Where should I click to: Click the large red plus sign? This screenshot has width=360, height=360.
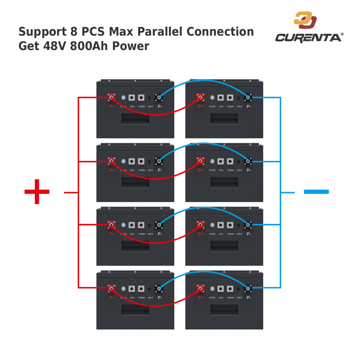click(x=37, y=192)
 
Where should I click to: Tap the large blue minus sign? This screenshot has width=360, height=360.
click(x=316, y=192)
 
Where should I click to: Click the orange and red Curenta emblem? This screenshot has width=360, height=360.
click(x=305, y=20)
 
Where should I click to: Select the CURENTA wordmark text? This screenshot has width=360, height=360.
click(x=308, y=37)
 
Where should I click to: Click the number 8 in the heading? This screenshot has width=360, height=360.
click(x=73, y=32)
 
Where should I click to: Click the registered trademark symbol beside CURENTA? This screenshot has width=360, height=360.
click(x=342, y=34)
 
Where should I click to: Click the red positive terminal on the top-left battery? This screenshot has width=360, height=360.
click(x=111, y=97)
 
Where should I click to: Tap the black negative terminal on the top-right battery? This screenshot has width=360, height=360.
click(x=248, y=97)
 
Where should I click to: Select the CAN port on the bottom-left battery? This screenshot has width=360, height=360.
click(x=132, y=289)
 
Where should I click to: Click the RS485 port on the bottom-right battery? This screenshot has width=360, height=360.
click(x=230, y=289)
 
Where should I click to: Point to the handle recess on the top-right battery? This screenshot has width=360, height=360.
click(x=224, y=118)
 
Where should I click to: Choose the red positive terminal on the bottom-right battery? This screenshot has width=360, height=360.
click(x=200, y=289)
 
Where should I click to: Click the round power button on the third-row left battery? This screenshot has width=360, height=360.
click(x=123, y=225)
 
